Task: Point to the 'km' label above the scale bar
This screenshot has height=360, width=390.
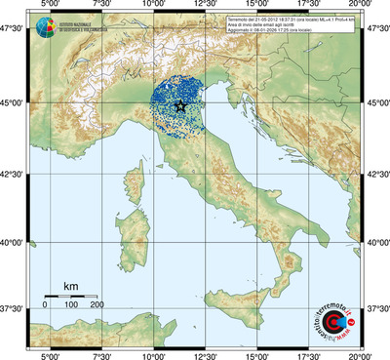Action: (70, 285)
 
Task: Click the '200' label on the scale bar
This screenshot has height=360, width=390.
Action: (97, 305)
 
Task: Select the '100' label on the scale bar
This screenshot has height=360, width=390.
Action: (71, 305)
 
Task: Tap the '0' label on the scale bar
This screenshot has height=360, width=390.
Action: (45, 305)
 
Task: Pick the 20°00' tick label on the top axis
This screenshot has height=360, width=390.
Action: (362, 6)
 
